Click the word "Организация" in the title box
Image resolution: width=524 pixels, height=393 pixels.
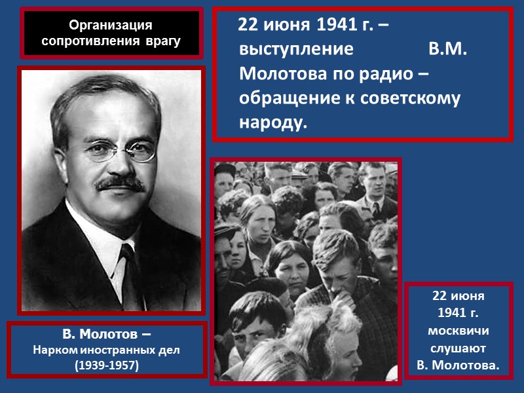point(111,26)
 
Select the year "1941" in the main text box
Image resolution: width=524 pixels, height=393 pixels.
point(337,26)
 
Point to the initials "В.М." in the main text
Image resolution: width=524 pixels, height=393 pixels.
point(447,50)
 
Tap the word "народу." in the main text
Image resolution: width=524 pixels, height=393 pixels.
point(273,122)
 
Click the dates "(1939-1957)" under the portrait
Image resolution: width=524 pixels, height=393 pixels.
point(107,365)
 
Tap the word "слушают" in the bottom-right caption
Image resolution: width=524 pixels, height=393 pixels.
point(458,347)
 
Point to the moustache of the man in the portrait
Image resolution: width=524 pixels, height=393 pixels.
point(122,183)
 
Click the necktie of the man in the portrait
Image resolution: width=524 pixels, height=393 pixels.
point(129,275)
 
